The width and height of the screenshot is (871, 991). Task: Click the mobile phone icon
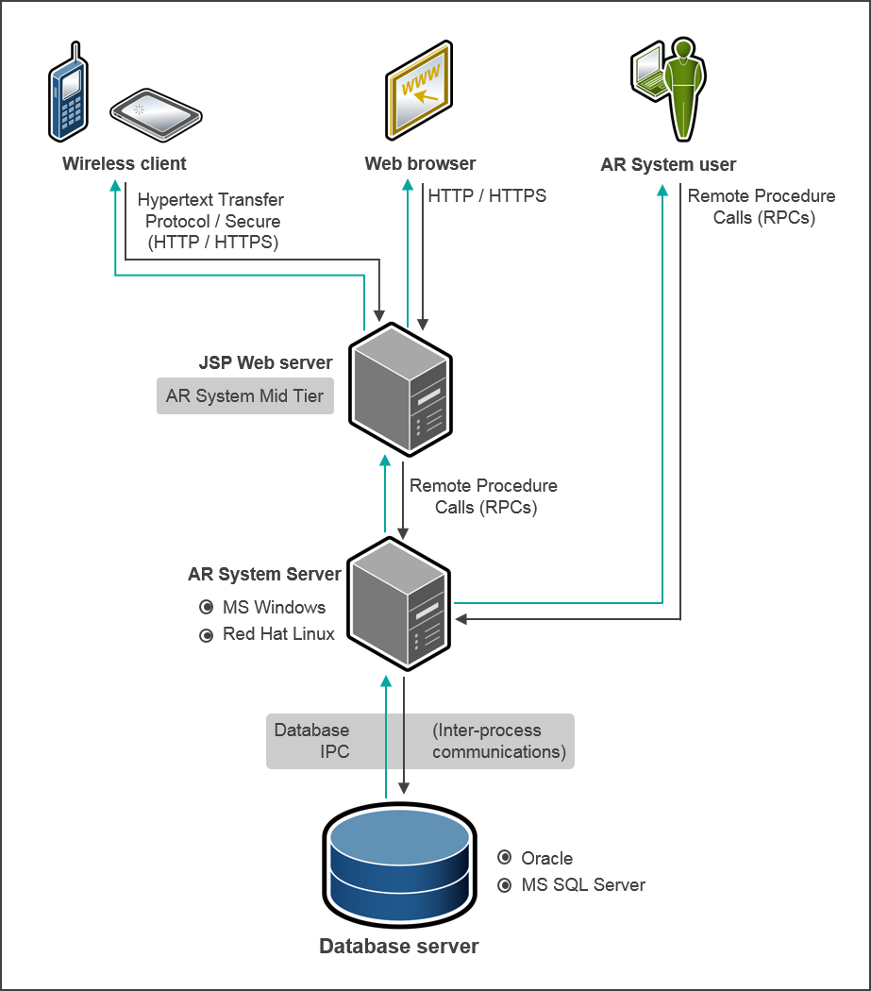point(68,92)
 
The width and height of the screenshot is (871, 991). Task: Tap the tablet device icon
point(156,114)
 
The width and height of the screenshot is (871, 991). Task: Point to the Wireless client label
point(125,163)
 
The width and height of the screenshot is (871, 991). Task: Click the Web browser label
point(420,163)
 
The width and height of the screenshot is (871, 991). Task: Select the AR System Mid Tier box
point(245,396)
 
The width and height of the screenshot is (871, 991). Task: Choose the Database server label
point(398,946)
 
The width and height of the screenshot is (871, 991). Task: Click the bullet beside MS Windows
point(206,608)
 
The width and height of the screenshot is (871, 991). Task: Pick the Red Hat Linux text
point(278,634)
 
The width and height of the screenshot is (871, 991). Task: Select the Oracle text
point(547,858)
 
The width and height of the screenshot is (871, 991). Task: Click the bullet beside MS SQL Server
point(504,885)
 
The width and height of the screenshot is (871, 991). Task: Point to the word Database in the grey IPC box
point(311,731)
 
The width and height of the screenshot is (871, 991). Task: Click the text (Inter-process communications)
point(497,741)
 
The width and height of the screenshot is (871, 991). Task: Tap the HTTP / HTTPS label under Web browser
point(487,196)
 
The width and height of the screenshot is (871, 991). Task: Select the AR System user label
point(668,164)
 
